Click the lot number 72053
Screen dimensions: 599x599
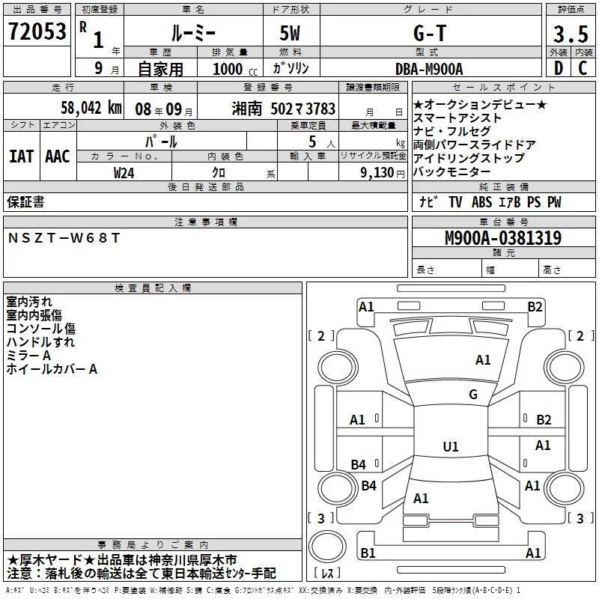37,31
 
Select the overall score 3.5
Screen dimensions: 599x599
571,34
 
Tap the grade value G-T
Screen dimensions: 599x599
430,33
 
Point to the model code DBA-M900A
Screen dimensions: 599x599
429,69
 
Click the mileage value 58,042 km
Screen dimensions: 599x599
91,107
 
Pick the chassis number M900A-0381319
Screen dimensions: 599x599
503,238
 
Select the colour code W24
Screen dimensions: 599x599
124,173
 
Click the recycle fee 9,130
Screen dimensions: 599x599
377,173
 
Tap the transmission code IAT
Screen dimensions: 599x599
21,156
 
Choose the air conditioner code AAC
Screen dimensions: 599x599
58,156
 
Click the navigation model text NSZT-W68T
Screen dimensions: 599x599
64,238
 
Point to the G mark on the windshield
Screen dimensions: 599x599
473,395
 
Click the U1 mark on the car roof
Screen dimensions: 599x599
451,446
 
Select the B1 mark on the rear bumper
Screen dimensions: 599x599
368,553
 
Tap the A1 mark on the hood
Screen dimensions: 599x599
483,360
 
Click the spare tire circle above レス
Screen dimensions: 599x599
327,547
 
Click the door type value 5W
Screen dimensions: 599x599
290,33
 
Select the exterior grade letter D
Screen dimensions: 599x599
559,68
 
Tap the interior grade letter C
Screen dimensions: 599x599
583,68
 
